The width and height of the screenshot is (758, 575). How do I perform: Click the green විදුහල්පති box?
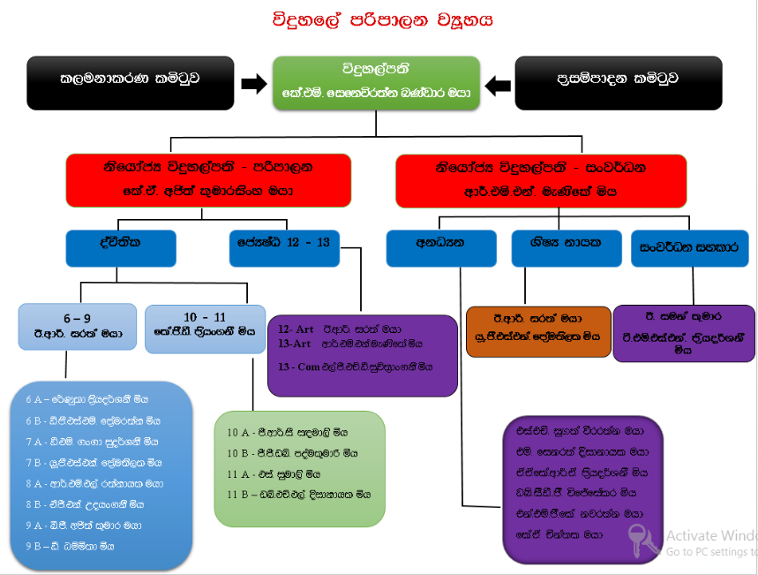(376, 82)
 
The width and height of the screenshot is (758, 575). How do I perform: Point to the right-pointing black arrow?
(253, 84)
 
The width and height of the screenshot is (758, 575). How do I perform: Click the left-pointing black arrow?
(498, 84)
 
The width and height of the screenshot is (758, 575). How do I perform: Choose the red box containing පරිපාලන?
(208, 179)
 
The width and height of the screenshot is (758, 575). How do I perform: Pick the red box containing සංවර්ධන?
(541, 179)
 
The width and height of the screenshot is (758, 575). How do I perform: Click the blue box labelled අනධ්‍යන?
(441, 248)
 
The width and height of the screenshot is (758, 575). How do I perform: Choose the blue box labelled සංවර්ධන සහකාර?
(689, 248)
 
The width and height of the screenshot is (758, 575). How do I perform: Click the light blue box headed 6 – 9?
(78, 326)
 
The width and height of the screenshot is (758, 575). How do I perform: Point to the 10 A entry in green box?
(288, 434)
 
